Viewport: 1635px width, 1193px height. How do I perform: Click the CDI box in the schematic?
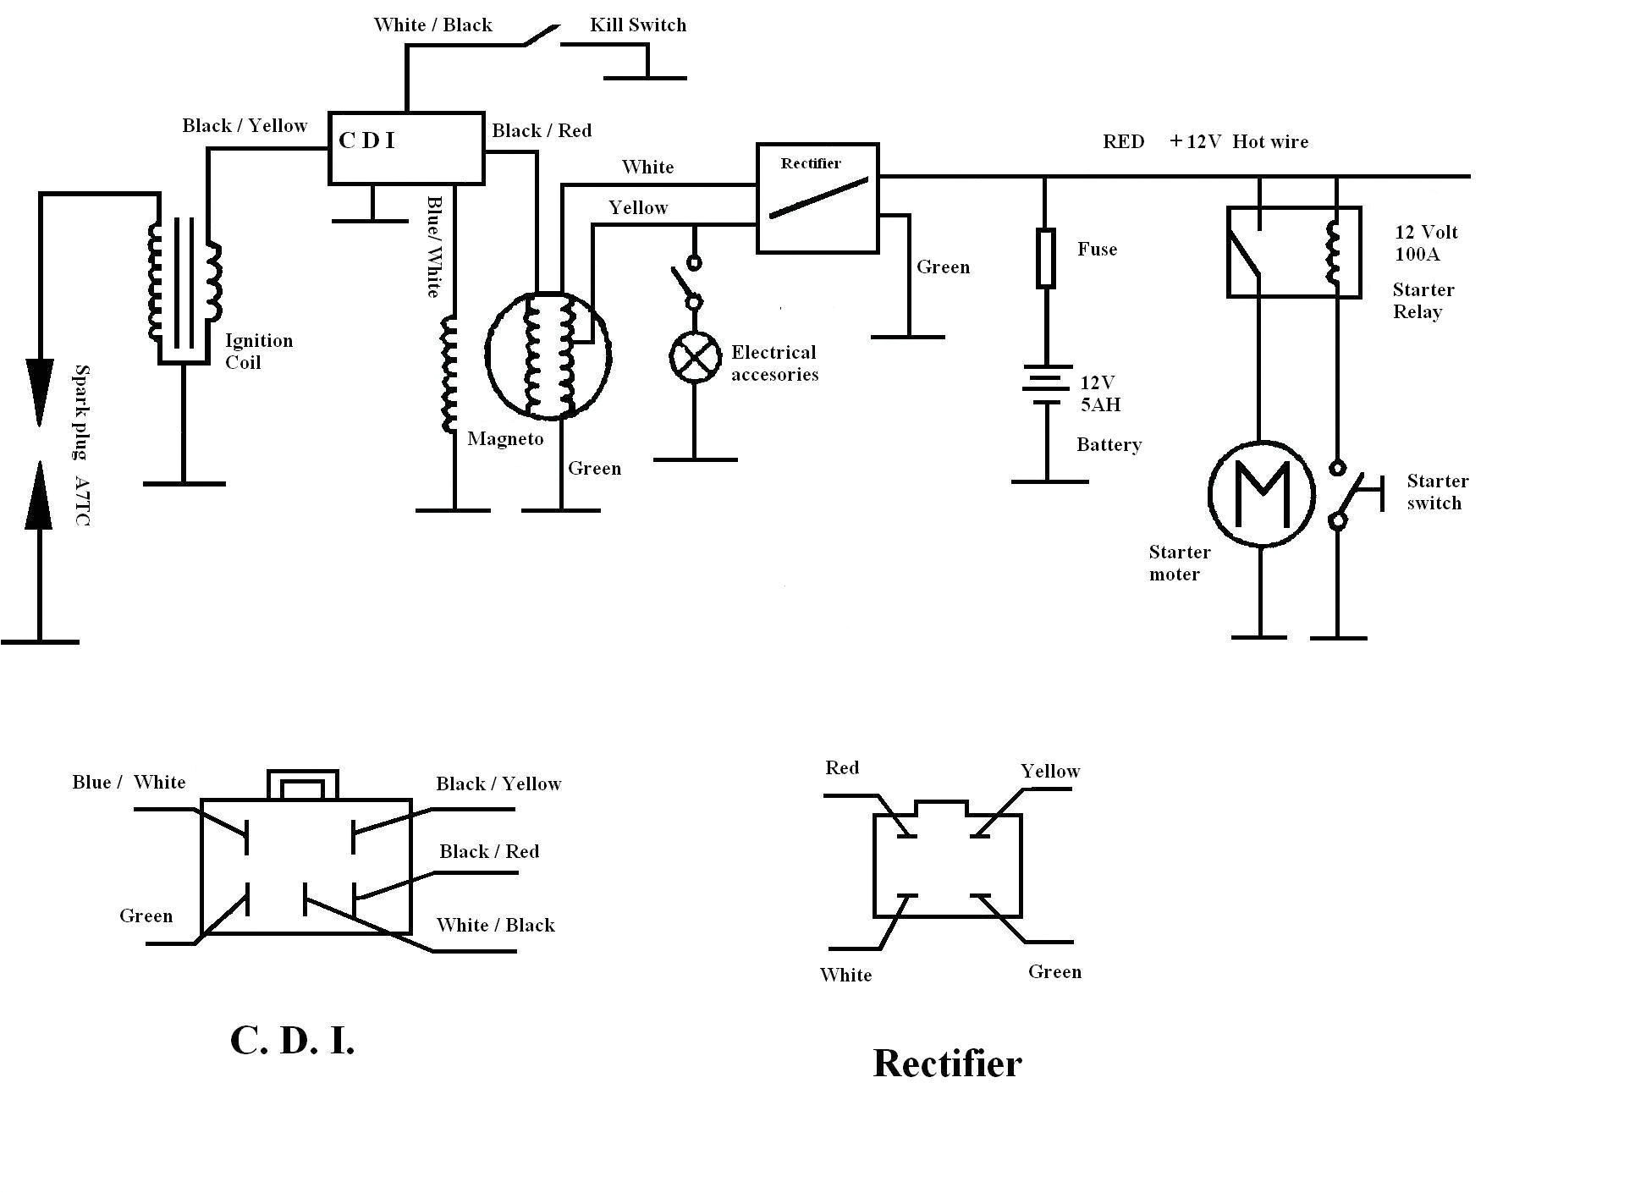[405, 148]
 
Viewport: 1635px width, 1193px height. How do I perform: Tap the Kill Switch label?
[637, 25]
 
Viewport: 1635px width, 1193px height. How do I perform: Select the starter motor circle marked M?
[1261, 492]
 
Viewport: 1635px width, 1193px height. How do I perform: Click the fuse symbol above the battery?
[1046, 257]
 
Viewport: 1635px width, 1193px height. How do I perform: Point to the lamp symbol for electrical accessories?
[695, 357]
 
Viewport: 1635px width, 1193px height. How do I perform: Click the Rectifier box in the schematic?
[817, 198]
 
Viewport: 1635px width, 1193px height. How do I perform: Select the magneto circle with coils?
[548, 355]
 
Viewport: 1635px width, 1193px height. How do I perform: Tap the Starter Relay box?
[1293, 252]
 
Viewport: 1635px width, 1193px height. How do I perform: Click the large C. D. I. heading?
[292, 1041]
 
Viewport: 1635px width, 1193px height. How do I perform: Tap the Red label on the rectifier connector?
[842, 767]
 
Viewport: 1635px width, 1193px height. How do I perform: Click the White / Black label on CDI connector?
[495, 925]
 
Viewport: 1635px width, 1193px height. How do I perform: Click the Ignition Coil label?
[258, 351]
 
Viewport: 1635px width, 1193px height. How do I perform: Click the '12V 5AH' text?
[1100, 393]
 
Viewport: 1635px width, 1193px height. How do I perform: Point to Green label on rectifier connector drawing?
[1054, 971]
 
